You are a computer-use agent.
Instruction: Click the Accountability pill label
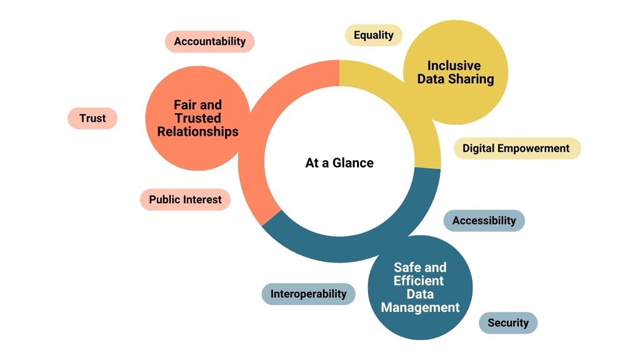(x=210, y=41)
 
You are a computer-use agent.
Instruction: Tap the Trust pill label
(x=92, y=118)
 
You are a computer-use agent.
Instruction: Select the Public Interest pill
(x=185, y=200)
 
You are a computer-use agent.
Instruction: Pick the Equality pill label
(x=373, y=35)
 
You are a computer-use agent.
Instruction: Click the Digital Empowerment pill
(x=516, y=149)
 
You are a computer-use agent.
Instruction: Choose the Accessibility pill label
(x=484, y=221)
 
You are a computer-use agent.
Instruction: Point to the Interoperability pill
(x=308, y=294)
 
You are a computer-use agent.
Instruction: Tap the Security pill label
(x=508, y=323)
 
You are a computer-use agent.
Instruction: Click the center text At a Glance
(x=339, y=163)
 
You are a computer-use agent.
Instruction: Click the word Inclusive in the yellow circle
(x=454, y=66)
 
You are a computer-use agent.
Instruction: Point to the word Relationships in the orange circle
(x=197, y=132)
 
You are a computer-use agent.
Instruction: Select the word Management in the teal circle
(x=420, y=307)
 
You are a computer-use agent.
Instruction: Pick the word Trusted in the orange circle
(x=197, y=118)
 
